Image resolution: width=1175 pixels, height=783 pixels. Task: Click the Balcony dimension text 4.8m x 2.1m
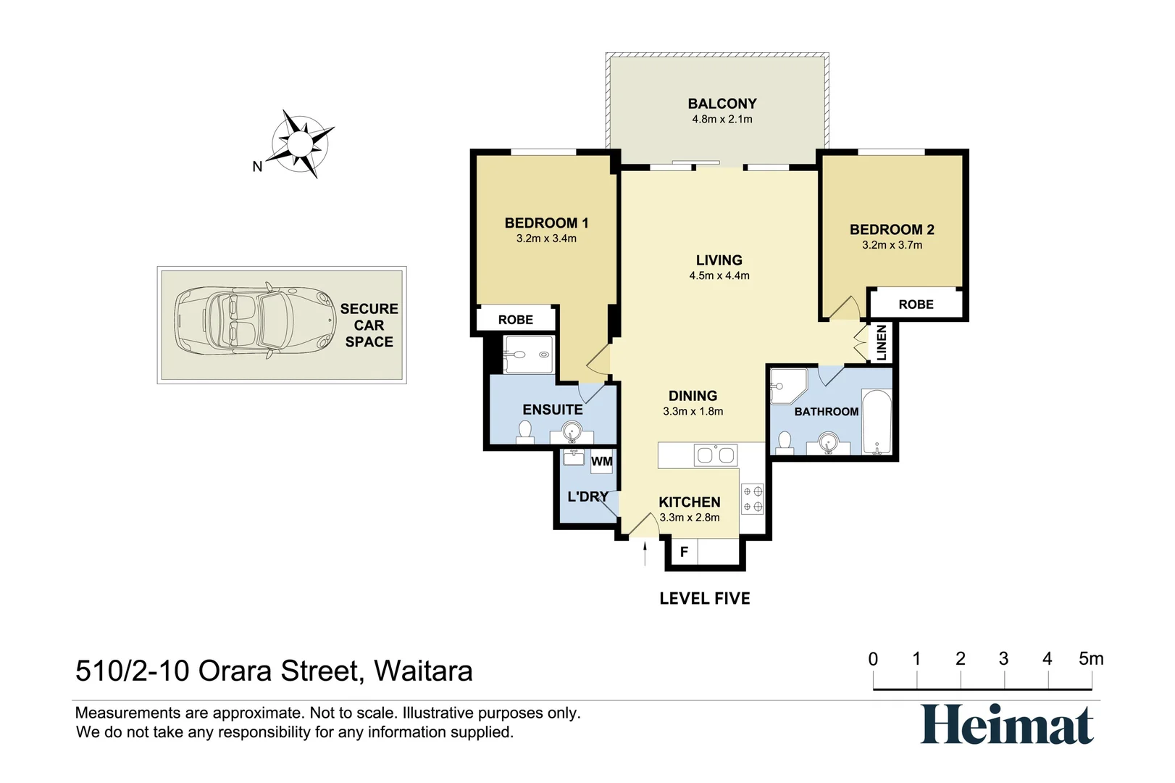[x=722, y=120]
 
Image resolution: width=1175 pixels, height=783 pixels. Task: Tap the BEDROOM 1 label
[x=546, y=223]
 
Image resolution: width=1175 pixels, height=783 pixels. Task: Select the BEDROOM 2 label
[x=892, y=229]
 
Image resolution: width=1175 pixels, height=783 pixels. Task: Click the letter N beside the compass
[x=257, y=167]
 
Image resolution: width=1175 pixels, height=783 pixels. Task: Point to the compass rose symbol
[x=300, y=144]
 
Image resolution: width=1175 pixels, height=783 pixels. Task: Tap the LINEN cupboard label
[x=881, y=343]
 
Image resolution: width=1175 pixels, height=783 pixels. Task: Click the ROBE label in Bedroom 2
[x=916, y=304]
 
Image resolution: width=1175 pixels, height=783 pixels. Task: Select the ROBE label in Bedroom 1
[x=515, y=320]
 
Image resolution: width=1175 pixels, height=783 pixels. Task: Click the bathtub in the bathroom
[x=877, y=423]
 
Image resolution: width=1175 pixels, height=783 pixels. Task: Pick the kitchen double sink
[x=715, y=455]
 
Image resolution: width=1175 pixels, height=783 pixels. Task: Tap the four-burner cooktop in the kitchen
[x=753, y=499]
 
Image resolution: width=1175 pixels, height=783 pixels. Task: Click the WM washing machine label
[x=601, y=461]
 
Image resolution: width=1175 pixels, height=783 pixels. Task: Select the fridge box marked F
[x=683, y=552]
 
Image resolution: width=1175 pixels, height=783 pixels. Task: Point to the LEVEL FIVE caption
[x=704, y=599]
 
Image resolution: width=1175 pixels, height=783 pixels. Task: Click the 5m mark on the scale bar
[x=1091, y=660]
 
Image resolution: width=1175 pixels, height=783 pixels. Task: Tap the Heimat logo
[x=1007, y=725]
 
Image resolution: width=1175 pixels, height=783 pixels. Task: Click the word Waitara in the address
[x=423, y=671]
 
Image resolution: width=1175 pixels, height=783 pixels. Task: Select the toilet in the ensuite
[x=525, y=431]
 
